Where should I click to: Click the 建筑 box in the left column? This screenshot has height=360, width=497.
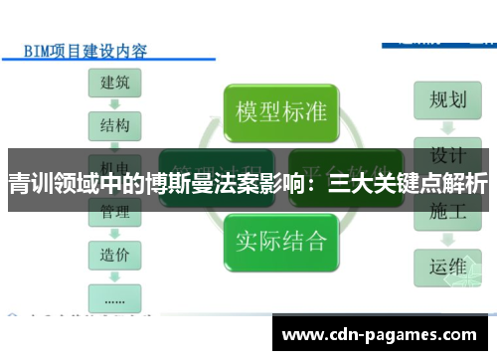click(x=114, y=84)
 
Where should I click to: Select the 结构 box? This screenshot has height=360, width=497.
click(x=114, y=126)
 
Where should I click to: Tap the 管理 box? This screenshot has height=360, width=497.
click(x=114, y=211)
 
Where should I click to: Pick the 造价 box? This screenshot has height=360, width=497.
click(x=114, y=255)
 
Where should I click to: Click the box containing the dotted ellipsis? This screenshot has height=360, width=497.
click(x=114, y=295)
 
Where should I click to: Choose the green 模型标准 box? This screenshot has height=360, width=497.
click(x=280, y=110)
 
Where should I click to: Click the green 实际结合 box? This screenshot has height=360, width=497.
click(x=280, y=241)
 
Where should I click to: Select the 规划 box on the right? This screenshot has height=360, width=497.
click(x=447, y=99)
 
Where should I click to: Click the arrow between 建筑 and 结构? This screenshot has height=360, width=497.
click(x=114, y=104)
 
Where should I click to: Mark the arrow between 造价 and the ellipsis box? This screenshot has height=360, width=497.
click(x=114, y=275)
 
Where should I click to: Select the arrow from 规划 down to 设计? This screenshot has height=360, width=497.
click(x=447, y=127)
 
